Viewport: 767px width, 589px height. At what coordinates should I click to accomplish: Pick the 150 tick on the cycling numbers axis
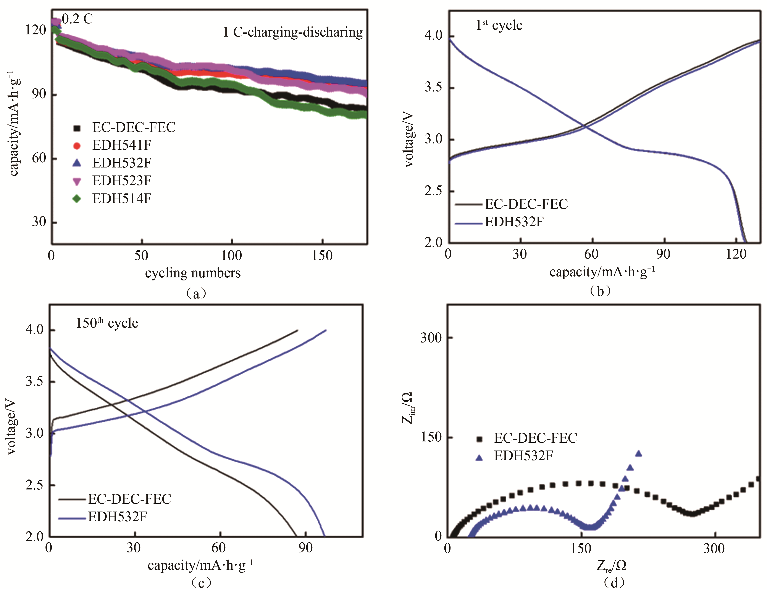pyautogui.click(x=322, y=256)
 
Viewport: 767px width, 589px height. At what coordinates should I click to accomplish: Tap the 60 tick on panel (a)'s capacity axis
pyautogui.click(x=39, y=158)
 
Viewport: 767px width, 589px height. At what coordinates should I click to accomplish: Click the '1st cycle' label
pyautogui.click(x=499, y=25)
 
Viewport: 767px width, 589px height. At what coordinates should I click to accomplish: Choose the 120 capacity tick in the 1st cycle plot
pyautogui.click(x=736, y=254)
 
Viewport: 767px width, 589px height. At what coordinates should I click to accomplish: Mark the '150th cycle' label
pyautogui.click(x=107, y=323)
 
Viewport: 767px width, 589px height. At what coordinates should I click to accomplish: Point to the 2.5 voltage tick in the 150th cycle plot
pyautogui.click(x=34, y=485)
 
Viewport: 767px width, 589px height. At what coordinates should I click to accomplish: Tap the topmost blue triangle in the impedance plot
pyautogui.click(x=639, y=454)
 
